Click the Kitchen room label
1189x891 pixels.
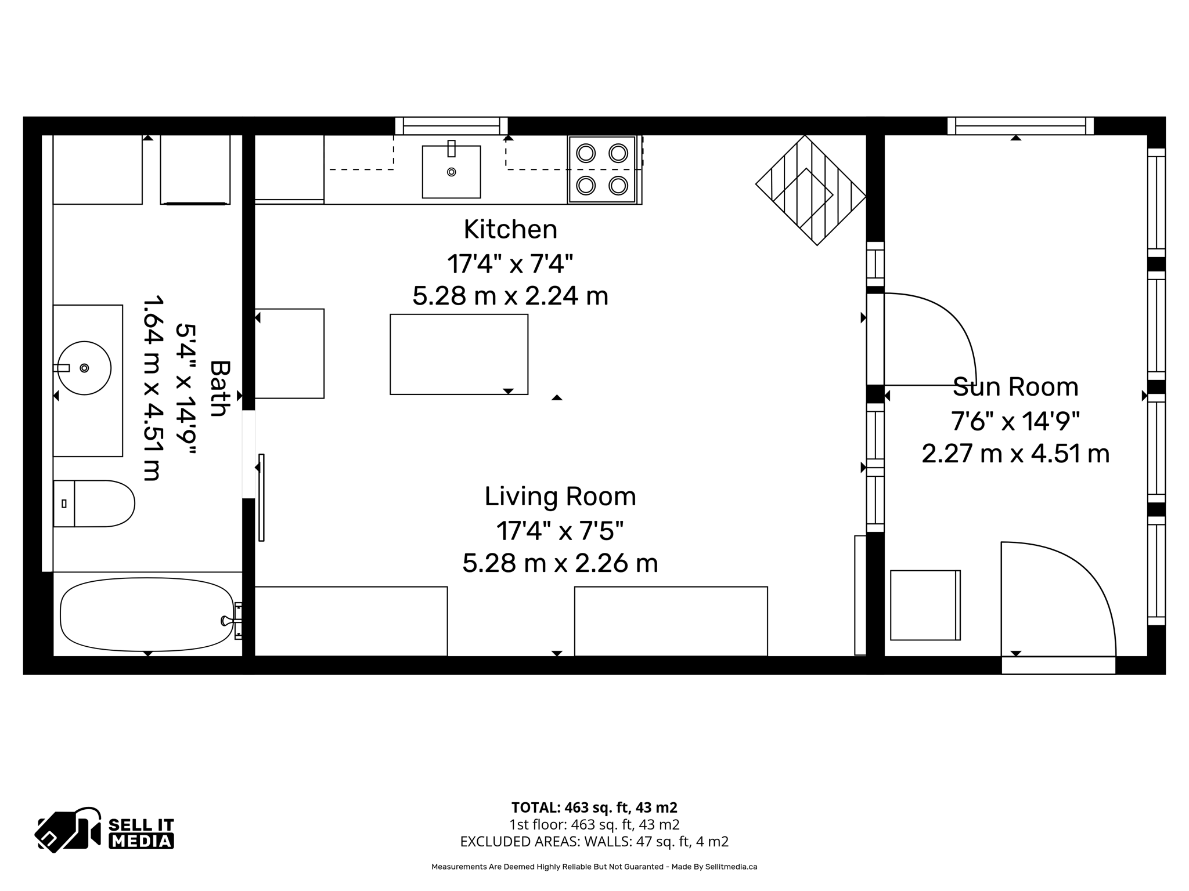pyautogui.click(x=510, y=230)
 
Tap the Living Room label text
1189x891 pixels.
pyautogui.click(x=560, y=497)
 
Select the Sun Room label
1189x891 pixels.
pyautogui.click(x=1015, y=387)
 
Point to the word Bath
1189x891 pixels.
pyautogui.click(x=219, y=388)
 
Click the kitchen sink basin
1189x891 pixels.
pyautogui.click(x=451, y=172)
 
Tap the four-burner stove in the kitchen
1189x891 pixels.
pyautogui.click(x=602, y=169)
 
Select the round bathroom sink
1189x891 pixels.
pyautogui.click(x=85, y=368)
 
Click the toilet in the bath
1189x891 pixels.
pyautogui.click(x=96, y=504)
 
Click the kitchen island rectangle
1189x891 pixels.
pyautogui.click(x=459, y=354)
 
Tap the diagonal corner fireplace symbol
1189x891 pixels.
pyautogui.click(x=810, y=190)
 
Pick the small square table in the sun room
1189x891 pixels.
pyautogui.click(x=924, y=605)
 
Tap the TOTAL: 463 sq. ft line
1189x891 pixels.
pyautogui.click(x=594, y=807)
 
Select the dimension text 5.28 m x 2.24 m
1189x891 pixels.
pyautogui.click(x=510, y=296)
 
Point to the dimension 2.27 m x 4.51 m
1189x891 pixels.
pyautogui.click(x=1015, y=454)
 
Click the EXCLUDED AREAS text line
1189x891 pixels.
pyautogui.click(x=594, y=841)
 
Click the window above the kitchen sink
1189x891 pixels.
pyautogui.click(x=451, y=126)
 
